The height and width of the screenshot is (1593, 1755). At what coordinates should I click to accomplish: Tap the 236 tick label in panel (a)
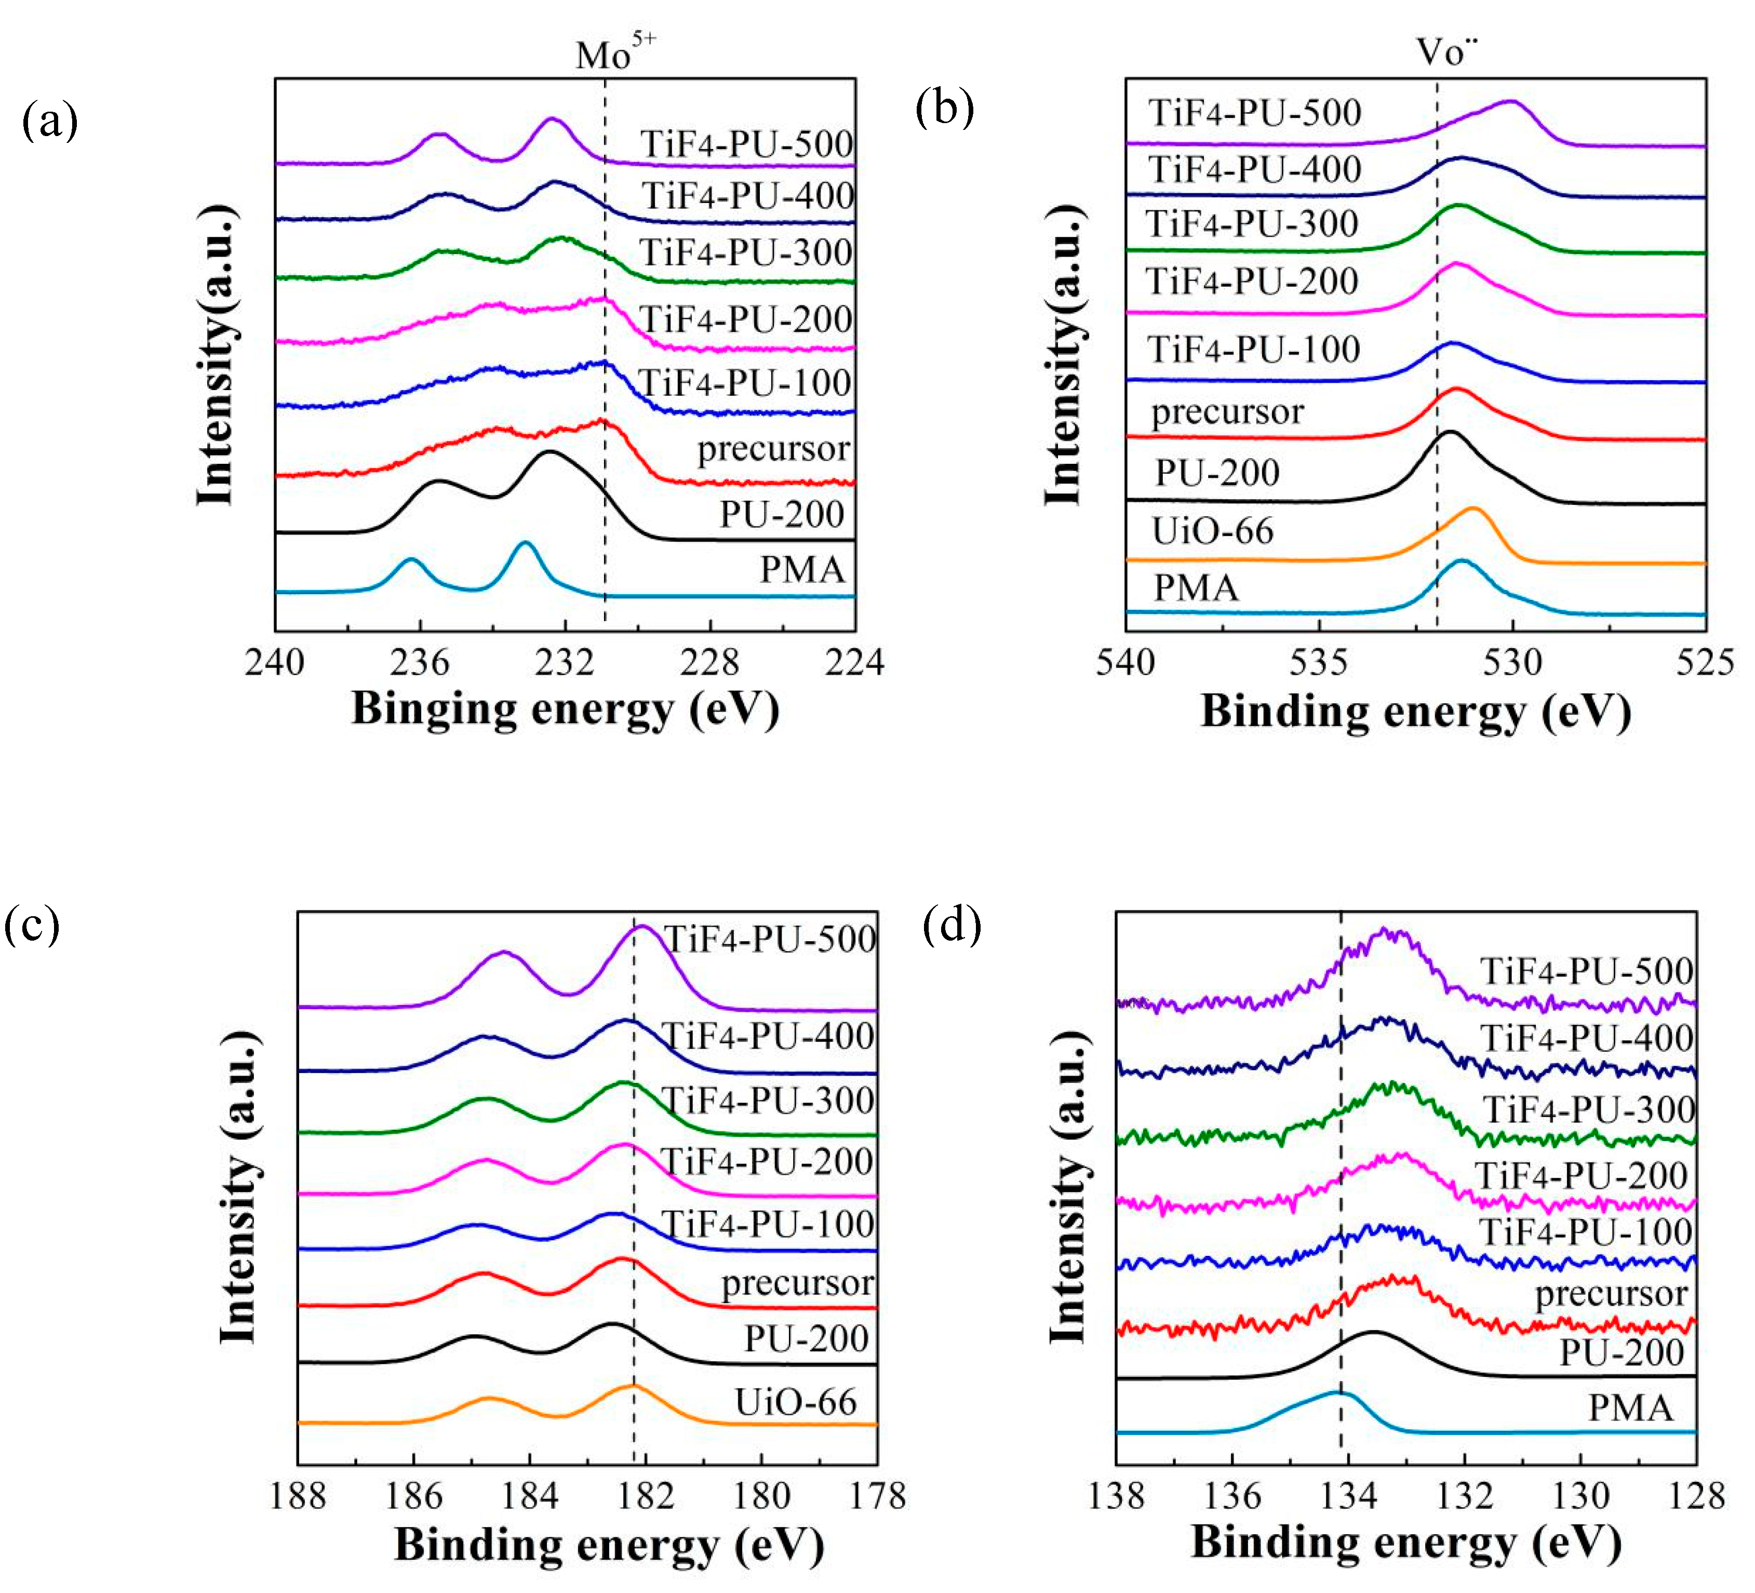(420, 663)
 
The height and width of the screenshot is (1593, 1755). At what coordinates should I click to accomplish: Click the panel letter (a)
(50, 120)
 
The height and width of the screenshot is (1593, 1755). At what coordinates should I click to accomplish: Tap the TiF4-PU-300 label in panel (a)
(745, 252)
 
